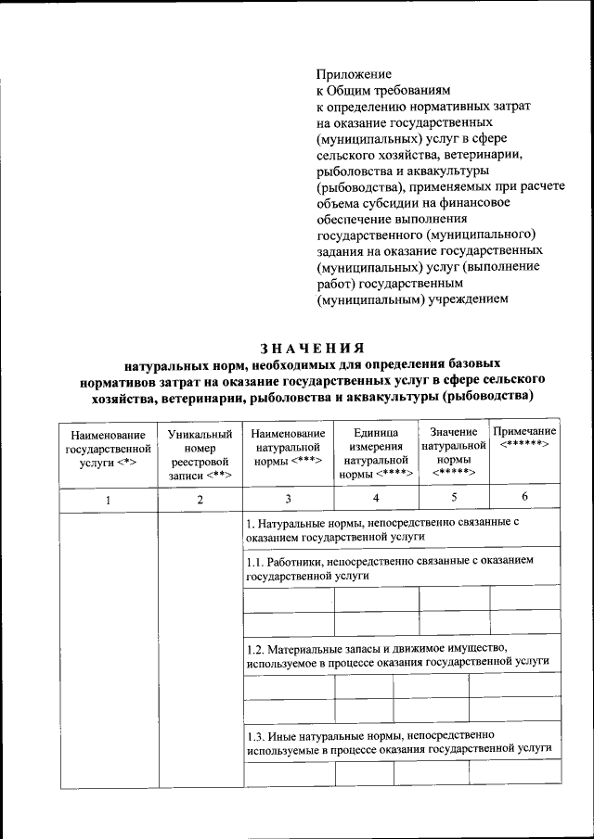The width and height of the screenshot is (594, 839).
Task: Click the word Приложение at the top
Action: (x=354, y=73)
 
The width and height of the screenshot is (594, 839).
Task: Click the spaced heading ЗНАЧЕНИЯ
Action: (x=311, y=348)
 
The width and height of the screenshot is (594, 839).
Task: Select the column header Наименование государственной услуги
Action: (x=108, y=451)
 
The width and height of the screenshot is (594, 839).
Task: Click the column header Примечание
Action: (x=524, y=439)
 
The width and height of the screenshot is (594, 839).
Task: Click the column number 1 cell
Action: (x=108, y=500)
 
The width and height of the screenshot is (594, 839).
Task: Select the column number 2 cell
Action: (x=199, y=500)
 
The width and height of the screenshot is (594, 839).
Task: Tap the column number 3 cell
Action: (x=288, y=500)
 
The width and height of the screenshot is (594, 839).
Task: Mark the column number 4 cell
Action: (x=376, y=500)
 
